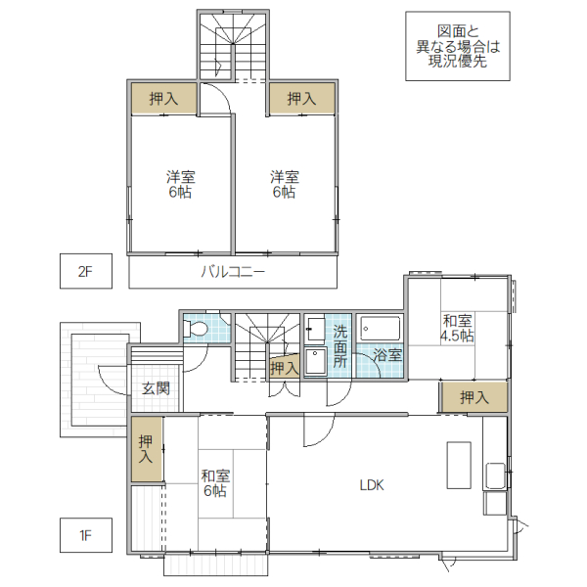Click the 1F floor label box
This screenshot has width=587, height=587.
point(85,535)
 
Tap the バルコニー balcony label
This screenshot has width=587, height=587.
point(233,272)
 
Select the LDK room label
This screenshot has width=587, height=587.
point(373,484)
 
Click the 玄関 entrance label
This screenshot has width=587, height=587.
point(156,388)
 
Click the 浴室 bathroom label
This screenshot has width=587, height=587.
point(387,355)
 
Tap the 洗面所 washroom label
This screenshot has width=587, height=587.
point(340,345)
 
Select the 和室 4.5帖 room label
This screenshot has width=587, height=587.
point(458,328)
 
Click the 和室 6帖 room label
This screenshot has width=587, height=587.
point(215,483)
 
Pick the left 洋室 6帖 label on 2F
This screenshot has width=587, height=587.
point(179,185)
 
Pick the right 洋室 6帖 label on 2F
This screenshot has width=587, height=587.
point(285,185)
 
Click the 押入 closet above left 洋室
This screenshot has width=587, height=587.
point(163,98)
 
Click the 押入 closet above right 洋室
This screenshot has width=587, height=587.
point(301,98)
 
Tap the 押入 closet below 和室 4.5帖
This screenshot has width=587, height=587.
point(474,397)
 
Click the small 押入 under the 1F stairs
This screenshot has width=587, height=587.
point(284,368)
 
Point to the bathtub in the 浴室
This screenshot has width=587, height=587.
point(381,328)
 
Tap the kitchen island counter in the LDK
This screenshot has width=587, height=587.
point(460,467)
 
